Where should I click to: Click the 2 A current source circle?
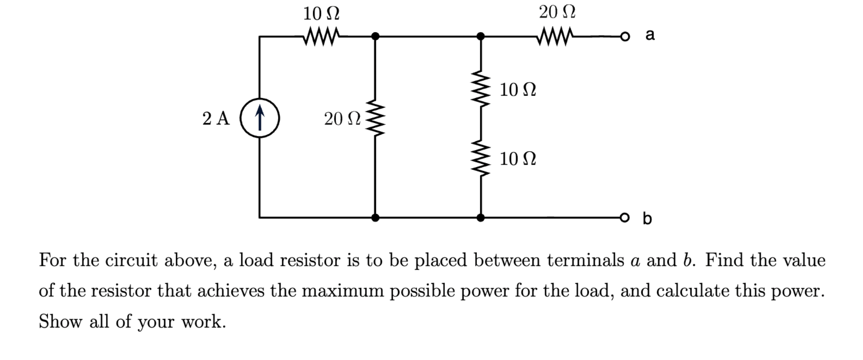pos(260,118)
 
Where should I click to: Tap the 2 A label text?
pos(216,118)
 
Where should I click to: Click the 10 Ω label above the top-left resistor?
pos(321,14)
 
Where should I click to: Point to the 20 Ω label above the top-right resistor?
pos(557,12)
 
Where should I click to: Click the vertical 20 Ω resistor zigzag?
pos(375,118)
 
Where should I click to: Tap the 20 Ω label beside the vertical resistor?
pos(342,118)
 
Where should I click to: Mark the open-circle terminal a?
pos(625,37)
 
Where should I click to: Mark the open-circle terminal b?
pos(625,217)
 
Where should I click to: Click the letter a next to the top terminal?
pos(650,34)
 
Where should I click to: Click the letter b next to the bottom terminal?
pos(647,218)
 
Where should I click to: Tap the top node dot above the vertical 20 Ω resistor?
pos(375,36)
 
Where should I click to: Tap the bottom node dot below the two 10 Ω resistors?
pos(481,217)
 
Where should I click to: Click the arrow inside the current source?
pos(260,118)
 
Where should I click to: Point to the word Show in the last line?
pos(60,322)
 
